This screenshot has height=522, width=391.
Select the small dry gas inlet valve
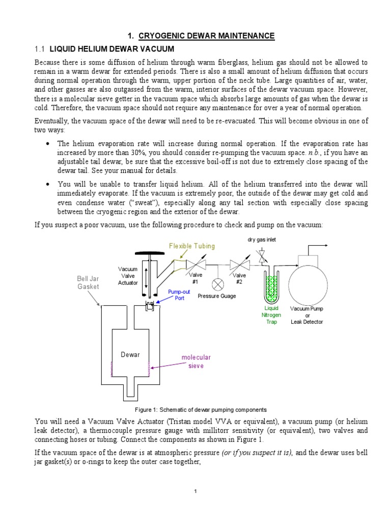[262, 256]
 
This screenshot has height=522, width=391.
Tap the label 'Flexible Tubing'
[192, 246]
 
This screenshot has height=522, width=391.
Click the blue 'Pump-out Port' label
[176, 295]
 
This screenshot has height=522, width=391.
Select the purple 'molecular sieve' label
[196, 361]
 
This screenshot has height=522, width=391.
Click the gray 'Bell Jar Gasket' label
[88, 282]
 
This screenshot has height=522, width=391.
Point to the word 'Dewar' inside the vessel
[130, 354]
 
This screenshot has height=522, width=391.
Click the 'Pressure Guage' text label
[217, 296]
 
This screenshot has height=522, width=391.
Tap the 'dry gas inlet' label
[262, 240]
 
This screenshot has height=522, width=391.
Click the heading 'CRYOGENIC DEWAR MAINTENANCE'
[201, 36]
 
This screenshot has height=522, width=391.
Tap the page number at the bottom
[195, 491]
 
